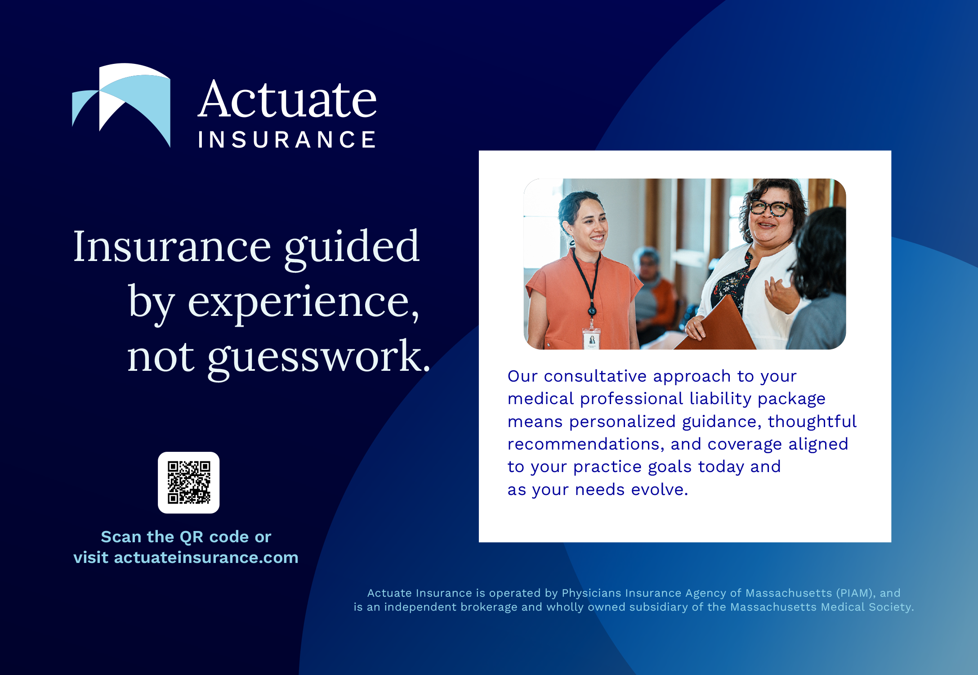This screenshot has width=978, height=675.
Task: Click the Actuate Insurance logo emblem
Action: (x=121, y=105)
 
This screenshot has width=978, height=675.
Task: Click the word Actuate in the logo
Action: (x=287, y=99)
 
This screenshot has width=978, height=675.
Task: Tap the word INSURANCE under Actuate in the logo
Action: (x=287, y=139)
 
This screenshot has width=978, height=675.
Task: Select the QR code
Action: (x=189, y=482)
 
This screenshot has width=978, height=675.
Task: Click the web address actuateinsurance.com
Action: (x=206, y=557)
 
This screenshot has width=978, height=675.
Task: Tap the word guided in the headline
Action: (x=352, y=247)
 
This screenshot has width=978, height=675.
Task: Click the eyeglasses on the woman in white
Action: (x=770, y=208)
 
